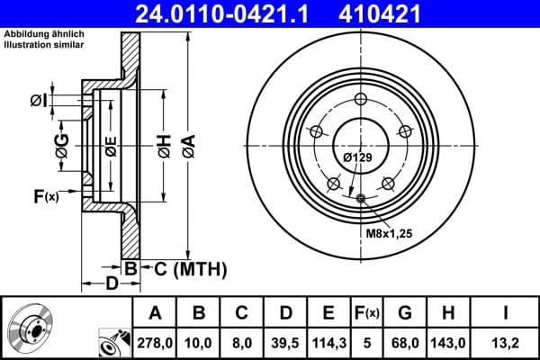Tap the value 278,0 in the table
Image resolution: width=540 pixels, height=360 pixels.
point(154,341)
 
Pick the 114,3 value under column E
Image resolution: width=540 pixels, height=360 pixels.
point(328,341)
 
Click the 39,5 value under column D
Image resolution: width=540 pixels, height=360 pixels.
point(284,341)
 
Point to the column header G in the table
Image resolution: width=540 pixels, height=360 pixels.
point(406,313)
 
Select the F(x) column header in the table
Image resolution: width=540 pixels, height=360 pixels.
point(367,313)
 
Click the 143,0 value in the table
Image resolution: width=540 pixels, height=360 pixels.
point(447,341)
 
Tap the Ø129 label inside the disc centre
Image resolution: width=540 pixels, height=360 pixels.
point(357,158)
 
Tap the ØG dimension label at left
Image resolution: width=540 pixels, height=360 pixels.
point(62,147)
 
